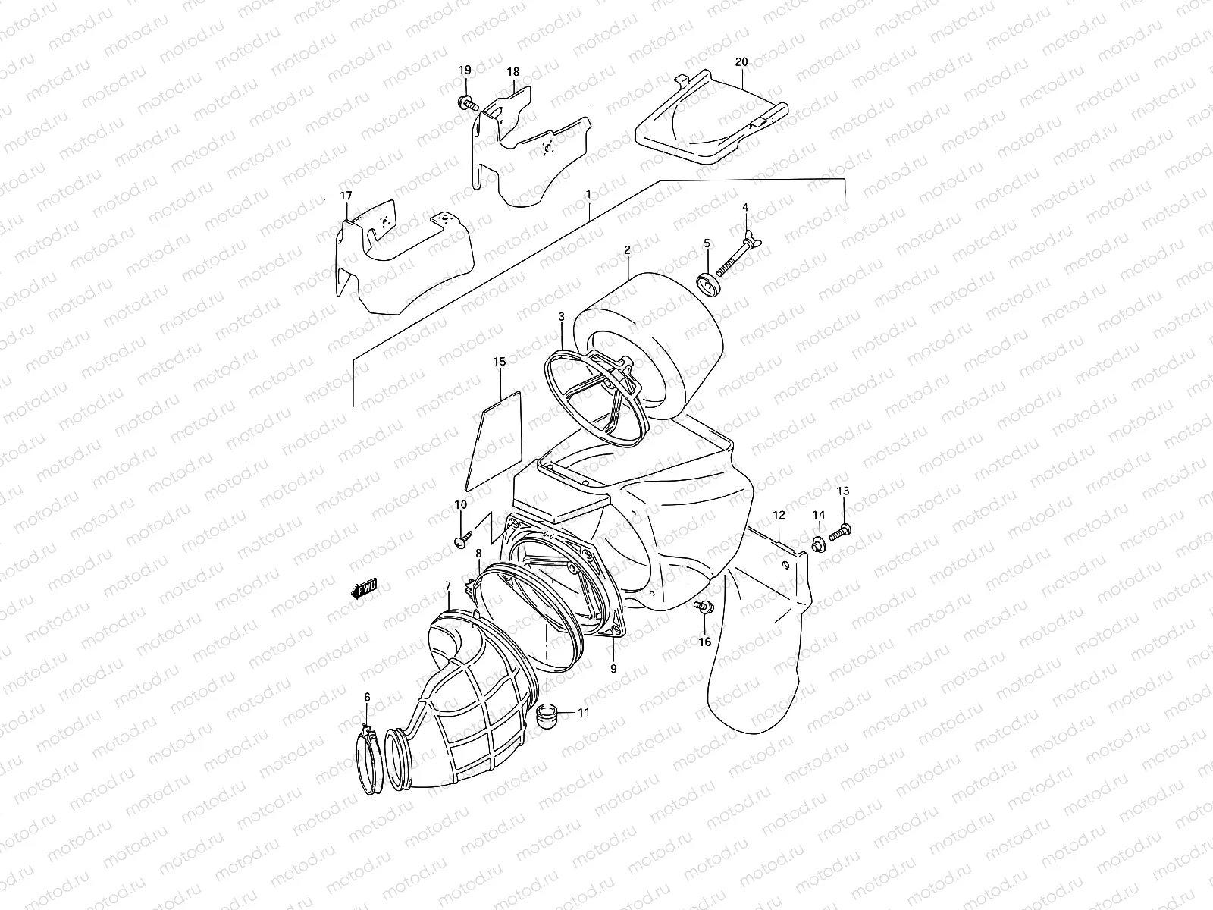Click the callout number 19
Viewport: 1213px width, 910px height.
click(x=465, y=70)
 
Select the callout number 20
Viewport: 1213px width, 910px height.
click(x=741, y=61)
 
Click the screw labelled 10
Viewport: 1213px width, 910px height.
click(x=461, y=538)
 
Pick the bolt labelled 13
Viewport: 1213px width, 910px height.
click(x=840, y=532)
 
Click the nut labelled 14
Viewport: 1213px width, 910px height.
click(x=818, y=542)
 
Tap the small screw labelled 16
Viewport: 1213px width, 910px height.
click(x=704, y=607)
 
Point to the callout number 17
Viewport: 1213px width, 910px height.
click(x=346, y=196)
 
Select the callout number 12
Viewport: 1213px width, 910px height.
click(x=779, y=516)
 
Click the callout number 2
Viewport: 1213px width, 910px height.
click(x=628, y=249)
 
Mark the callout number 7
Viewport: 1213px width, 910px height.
click(x=448, y=586)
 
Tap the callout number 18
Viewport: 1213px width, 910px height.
click(x=513, y=72)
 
